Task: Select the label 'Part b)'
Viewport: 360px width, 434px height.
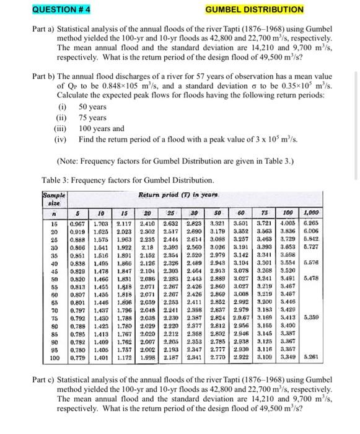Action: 45,76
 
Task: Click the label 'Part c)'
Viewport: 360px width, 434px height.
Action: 45,379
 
